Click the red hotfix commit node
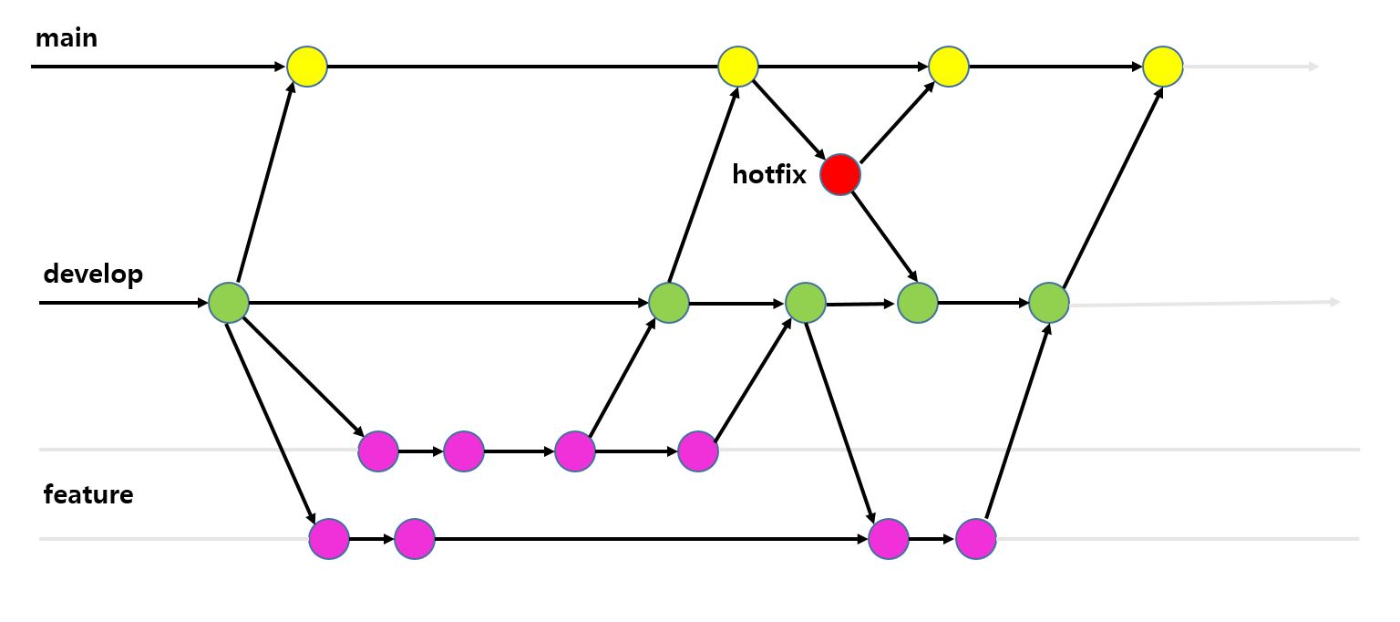coord(839,174)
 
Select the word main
coord(66,38)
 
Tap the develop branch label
coord(93,273)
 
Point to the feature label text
coord(88,494)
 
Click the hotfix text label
coord(769,174)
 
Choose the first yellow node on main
coord(307,67)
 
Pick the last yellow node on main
coord(1163,67)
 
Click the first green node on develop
coord(229,302)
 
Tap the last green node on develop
coord(1049,302)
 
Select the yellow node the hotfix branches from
coord(738,67)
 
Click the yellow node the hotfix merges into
coord(949,67)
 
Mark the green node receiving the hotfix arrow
coord(918,302)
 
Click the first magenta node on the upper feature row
coord(378,451)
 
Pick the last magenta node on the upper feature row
coord(698,451)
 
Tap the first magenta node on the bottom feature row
coord(329,539)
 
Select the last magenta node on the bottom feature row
coord(976,539)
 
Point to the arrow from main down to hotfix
coord(788,119)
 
